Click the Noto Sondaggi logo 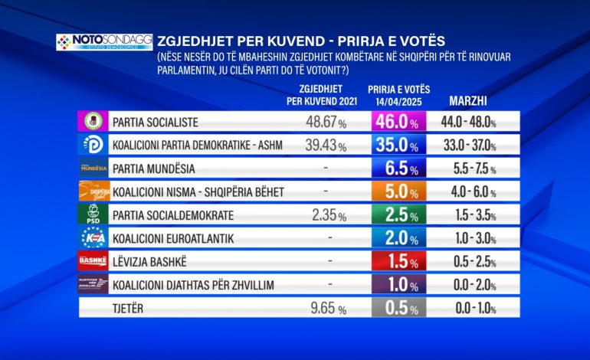point(104,41)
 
